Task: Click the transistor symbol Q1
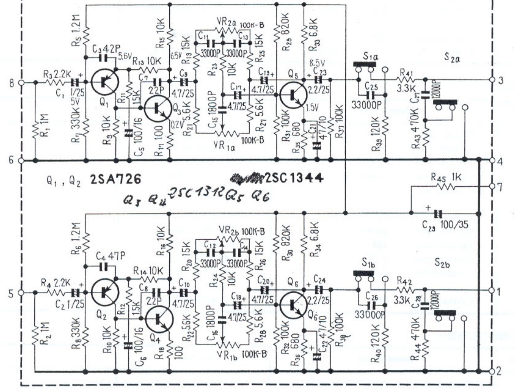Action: tap(104, 82)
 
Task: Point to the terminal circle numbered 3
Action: tap(491, 80)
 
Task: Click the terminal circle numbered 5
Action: tap(22, 293)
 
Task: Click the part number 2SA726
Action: tap(115, 180)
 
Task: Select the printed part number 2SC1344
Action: tap(295, 178)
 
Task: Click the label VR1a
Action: tap(225, 146)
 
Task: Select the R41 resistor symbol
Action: tap(407, 80)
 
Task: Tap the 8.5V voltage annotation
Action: tap(317, 63)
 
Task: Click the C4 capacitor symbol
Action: tap(104, 267)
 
